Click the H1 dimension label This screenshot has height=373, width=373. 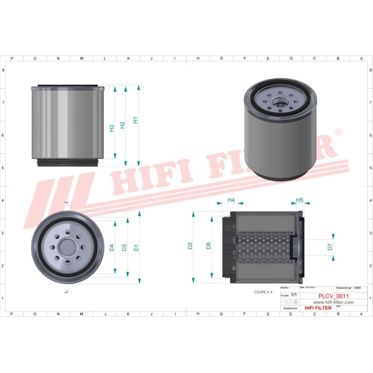[x=135, y=120]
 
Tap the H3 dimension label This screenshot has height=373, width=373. [x=112, y=128]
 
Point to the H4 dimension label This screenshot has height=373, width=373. [x=231, y=200]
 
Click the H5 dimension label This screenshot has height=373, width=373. [x=300, y=200]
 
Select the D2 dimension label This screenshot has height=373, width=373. [x=190, y=246]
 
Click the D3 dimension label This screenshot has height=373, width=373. [x=124, y=248]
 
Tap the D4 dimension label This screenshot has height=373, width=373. [x=112, y=248]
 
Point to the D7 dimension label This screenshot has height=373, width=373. [x=330, y=247]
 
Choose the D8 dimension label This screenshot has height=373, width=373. [x=208, y=246]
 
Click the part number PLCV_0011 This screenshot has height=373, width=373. [x=333, y=296]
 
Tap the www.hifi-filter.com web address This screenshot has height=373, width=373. [x=333, y=302]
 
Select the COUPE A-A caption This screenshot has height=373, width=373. [x=263, y=291]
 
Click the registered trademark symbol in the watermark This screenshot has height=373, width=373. [x=339, y=133]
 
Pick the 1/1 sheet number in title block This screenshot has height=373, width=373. [x=294, y=296]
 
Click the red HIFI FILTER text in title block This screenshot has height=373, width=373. [x=318, y=308]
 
